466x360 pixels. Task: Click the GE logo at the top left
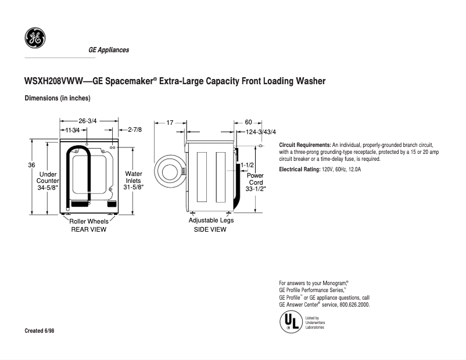point(34,38)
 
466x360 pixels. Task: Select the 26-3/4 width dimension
point(87,121)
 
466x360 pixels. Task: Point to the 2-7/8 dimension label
point(135,130)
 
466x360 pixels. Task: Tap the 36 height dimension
point(31,165)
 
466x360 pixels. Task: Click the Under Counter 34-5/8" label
point(48,181)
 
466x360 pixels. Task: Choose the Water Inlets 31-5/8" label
point(134,181)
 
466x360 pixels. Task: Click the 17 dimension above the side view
point(170,123)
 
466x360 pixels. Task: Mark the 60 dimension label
point(248,123)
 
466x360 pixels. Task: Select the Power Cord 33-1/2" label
point(255,182)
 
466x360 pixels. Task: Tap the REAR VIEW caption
point(88,229)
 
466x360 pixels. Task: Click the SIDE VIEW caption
point(210,229)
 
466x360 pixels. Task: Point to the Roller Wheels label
point(89,221)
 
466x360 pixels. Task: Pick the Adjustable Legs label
point(210,221)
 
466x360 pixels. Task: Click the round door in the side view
point(169,171)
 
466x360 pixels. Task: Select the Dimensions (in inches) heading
point(57,98)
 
